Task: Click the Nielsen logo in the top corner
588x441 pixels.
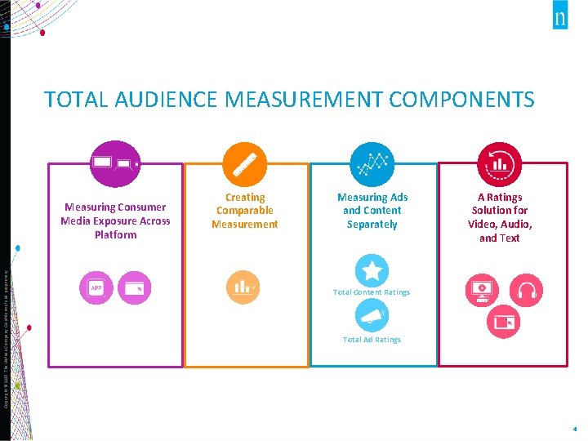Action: point(559,19)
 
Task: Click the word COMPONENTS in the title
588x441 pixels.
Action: point(461,100)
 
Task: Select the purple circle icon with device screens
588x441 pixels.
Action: point(116,164)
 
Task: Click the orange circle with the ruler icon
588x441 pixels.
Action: point(244,164)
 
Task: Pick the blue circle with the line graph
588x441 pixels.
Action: point(372,164)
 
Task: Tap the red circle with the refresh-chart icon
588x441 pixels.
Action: point(499,164)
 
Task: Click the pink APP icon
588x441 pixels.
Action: point(96,288)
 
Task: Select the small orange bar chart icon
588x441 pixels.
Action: point(243,287)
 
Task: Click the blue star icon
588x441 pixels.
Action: point(372,271)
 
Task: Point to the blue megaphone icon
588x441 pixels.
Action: point(372,316)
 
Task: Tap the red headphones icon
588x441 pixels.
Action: point(526,288)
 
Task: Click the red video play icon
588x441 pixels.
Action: point(481,288)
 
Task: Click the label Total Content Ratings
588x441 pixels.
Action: point(372,292)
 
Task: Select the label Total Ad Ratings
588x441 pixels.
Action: point(372,340)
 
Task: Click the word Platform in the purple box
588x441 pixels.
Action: point(115,235)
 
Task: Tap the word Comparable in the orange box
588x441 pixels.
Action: point(244,211)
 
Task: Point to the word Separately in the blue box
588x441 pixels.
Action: point(372,225)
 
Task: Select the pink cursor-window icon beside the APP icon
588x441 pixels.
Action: point(134,288)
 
